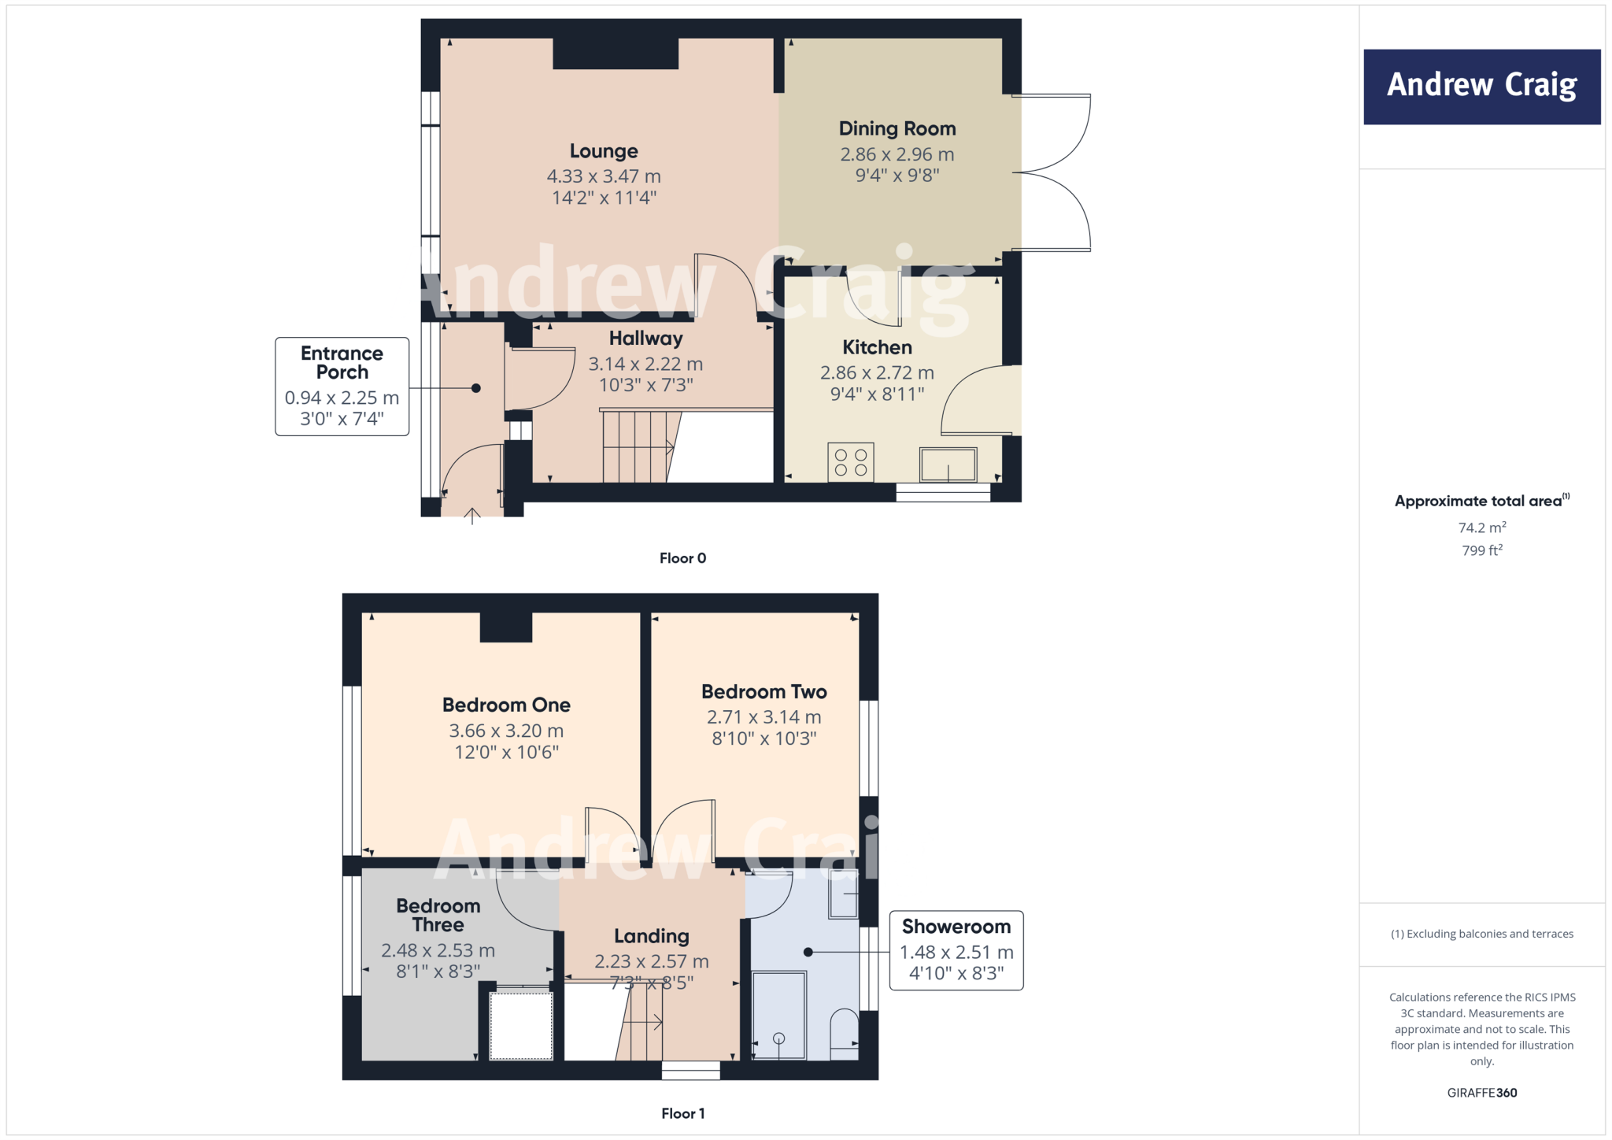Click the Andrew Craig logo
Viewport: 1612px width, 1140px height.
1481,86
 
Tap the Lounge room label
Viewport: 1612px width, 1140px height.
604,151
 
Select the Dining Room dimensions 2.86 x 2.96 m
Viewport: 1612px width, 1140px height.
897,154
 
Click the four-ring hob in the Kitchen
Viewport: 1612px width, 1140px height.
850,462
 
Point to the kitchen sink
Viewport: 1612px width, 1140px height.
948,465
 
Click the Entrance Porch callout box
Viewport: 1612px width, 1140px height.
342,386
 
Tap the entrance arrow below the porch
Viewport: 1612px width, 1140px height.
472,516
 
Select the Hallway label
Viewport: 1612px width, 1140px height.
645,339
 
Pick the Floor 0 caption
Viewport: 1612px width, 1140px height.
682,558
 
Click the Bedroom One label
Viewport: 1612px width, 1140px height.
506,705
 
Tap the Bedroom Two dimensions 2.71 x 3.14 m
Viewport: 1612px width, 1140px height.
763,717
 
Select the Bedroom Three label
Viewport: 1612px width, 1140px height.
438,915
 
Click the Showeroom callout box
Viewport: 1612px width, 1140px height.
956,950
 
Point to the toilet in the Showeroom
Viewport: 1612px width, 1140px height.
845,1033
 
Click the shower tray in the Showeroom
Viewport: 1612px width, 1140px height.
779,1016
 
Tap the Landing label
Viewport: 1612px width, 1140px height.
651,936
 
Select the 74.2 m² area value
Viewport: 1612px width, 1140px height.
1481,527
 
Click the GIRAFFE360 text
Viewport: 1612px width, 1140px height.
1481,1093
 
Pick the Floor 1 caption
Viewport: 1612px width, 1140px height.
682,1113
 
